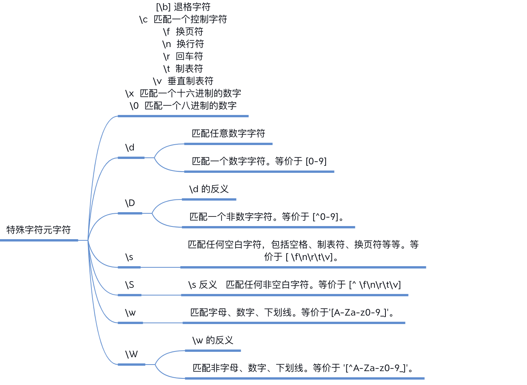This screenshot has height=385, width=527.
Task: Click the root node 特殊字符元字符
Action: coord(39,230)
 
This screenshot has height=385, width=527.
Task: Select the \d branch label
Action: coord(130,147)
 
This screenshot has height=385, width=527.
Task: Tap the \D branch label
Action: coord(130,203)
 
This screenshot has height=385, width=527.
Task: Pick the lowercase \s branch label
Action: coord(129,257)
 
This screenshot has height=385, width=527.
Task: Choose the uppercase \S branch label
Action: coord(130,285)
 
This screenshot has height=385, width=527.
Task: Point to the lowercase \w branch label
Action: coord(130,312)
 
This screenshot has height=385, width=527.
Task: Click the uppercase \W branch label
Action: coord(132,354)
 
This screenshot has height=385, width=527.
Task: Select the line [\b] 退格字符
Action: coord(183,7)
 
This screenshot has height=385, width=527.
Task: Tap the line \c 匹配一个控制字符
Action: coord(183,19)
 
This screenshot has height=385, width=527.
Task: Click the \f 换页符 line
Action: coord(183,32)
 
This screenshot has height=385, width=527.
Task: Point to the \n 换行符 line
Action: coord(183,44)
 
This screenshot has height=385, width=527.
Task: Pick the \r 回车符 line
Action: coord(183,56)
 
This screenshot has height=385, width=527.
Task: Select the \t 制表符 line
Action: coord(183,69)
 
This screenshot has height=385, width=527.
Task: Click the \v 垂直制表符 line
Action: coord(183,81)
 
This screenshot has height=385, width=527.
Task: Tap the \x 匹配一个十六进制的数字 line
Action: coord(183,93)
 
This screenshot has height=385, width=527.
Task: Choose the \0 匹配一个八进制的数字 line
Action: coord(183,106)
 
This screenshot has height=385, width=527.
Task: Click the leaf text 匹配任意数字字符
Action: coord(228,133)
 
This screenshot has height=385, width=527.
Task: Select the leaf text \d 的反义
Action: coord(209,189)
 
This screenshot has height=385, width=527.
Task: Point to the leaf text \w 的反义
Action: coord(213,340)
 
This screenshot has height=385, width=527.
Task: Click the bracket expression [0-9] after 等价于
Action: coord(316,161)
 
